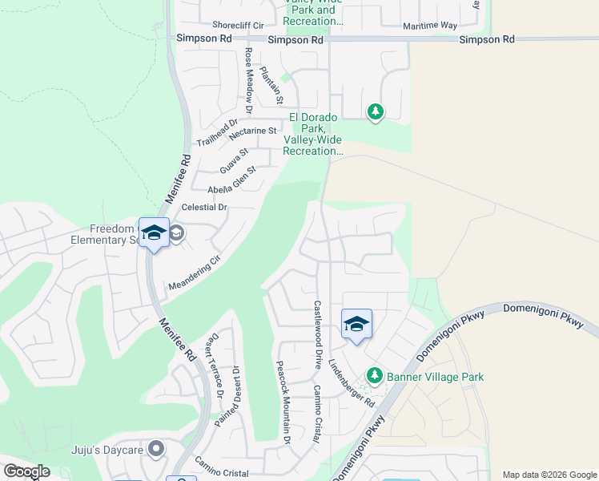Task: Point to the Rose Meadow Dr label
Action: click(248, 79)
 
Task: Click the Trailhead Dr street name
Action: click(218, 133)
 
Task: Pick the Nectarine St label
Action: click(252, 131)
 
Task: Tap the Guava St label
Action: click(235, 160)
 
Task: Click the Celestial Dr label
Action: click(205, 207)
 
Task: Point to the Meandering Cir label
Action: click(194, 273)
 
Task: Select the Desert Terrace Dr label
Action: click(214, 366)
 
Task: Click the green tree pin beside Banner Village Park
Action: click(374, 375)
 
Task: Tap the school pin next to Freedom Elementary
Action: click(154, 232)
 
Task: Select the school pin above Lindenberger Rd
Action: click(356, 324)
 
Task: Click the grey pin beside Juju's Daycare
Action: click(157, 449)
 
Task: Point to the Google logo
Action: click(26, 471)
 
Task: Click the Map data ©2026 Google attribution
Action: click(549, 475)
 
